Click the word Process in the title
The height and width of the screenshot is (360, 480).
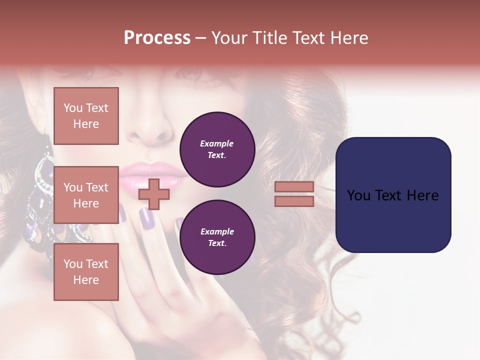tap(157, 38)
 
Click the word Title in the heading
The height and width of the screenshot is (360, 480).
tap(270, 38)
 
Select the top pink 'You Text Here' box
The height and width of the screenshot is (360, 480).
tap(86, 116)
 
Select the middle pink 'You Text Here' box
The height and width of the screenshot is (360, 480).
tap(86, 195)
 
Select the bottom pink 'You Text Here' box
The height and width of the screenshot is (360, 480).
tap(86, 272)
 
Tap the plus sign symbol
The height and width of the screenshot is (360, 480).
tap(154, 194)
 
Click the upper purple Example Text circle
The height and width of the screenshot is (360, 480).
tap(217, 149)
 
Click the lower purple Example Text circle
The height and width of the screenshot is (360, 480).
tap(217, 237)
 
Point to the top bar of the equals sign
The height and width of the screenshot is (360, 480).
tap(294, 186)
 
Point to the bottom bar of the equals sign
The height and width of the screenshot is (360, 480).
tap(294, 201)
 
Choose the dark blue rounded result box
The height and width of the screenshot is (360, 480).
tap(393, 195)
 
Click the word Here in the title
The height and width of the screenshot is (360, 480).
tap(348, 38)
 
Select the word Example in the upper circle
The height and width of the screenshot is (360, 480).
tap(217, 143)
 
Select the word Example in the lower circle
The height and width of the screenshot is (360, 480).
tap(217, 231)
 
